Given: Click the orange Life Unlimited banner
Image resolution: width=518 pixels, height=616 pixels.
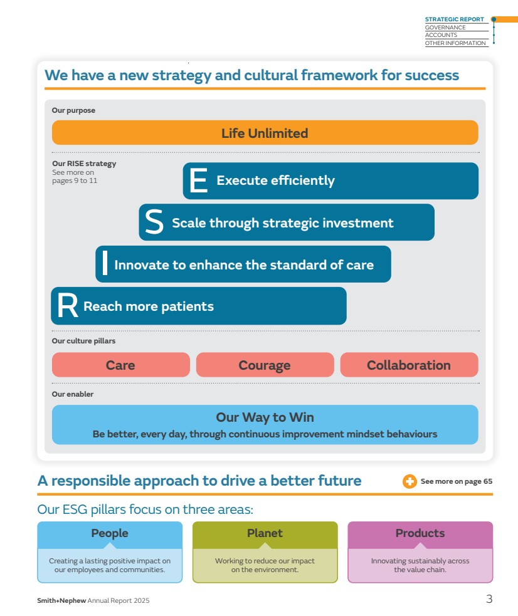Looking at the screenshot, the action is (265, 133).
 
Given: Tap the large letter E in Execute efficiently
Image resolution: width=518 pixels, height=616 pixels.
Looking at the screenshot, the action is (198, 180).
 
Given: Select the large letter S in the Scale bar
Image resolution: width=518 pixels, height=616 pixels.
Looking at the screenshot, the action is (154, 222).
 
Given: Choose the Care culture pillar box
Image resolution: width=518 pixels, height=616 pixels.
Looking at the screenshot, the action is (120, 365).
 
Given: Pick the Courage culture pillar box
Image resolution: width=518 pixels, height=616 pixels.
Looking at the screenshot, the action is (265, 365).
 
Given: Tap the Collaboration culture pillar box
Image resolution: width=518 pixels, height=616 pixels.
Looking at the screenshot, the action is (409, 365).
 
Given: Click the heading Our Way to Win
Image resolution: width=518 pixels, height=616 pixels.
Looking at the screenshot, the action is (265, 417).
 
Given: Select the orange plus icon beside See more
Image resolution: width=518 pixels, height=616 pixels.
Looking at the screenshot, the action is (410, 481).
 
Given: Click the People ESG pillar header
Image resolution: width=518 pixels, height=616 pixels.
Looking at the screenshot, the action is (110, 535).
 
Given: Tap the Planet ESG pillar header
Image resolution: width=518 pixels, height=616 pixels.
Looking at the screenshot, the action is (265, 535).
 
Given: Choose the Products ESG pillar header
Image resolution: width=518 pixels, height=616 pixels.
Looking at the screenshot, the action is (420, 535).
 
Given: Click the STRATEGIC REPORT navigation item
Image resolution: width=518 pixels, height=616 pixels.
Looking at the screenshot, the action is (454, 19).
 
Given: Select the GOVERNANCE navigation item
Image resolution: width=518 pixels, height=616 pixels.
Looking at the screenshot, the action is (445, 28).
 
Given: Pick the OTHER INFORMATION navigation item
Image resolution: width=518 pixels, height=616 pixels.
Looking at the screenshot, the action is (455, 43).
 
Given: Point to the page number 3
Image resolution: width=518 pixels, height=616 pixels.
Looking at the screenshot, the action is (489, 598).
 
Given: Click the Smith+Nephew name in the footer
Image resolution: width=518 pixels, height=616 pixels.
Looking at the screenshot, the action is (61, 600).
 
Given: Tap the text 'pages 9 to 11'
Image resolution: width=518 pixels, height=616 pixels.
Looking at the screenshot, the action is (75, 180).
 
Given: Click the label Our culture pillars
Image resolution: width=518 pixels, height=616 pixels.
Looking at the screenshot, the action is (83, 341).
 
